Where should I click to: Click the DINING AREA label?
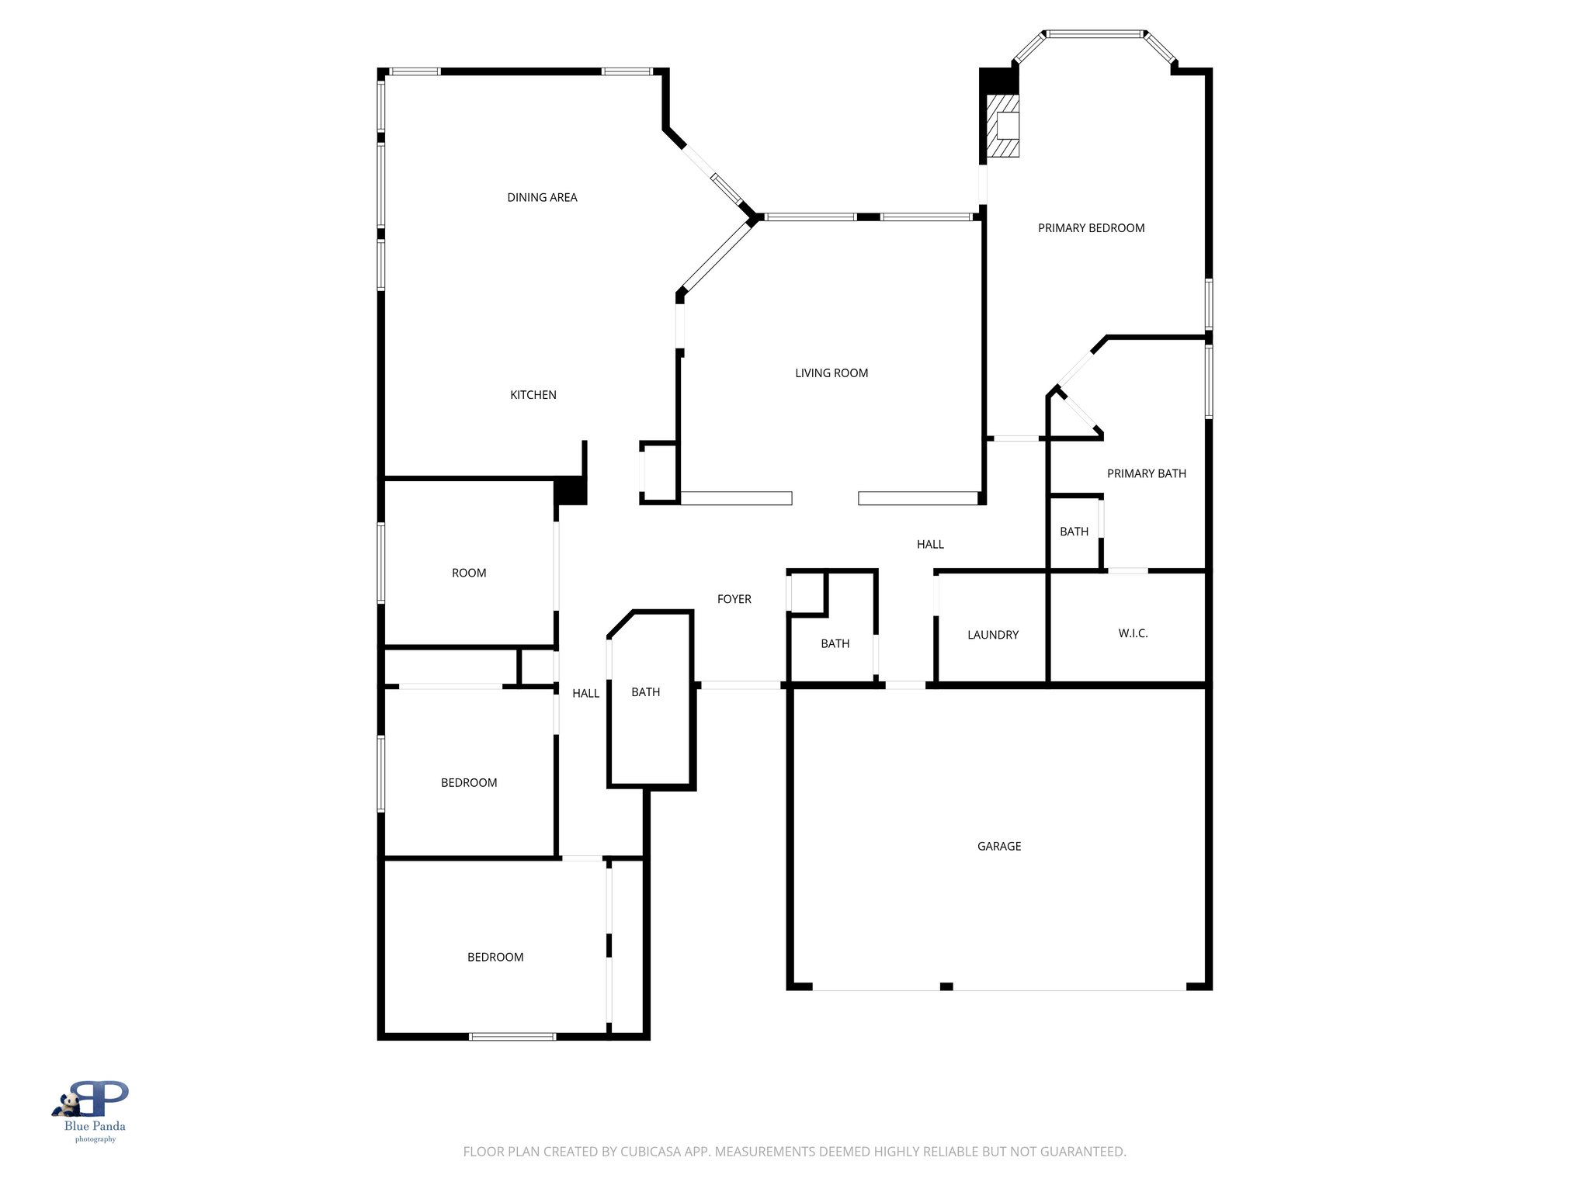542,198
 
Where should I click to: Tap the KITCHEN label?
533,395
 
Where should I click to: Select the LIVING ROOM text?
831,373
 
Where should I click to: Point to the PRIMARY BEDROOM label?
1091,228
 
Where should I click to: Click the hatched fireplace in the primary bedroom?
1002,126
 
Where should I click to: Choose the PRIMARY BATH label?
1146,473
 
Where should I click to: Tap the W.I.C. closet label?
1133,634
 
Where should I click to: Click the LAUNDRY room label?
992,635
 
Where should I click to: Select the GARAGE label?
998,847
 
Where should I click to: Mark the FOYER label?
734,599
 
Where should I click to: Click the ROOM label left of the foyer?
469,573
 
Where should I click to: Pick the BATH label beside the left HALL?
645,692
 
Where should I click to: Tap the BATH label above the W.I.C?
1074,532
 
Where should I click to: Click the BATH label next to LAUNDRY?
835,643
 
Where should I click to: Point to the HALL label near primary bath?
930,545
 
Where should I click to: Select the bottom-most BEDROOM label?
495,958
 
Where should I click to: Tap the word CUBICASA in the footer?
651,1152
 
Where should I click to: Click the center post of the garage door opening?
946,986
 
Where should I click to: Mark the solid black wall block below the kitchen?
571,492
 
